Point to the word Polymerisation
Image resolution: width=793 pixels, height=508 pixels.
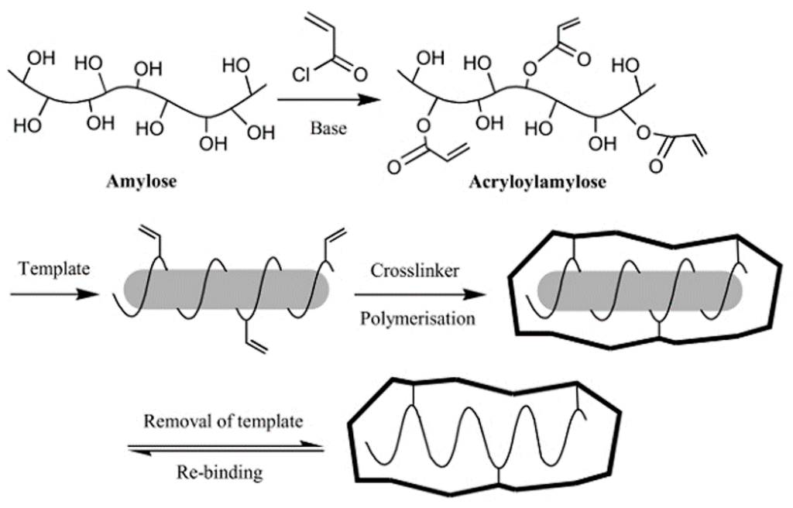(417, 317)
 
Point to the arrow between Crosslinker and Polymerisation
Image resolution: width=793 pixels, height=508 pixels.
(416, 294)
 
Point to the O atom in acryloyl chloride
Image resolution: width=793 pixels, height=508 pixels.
(359, 74)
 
